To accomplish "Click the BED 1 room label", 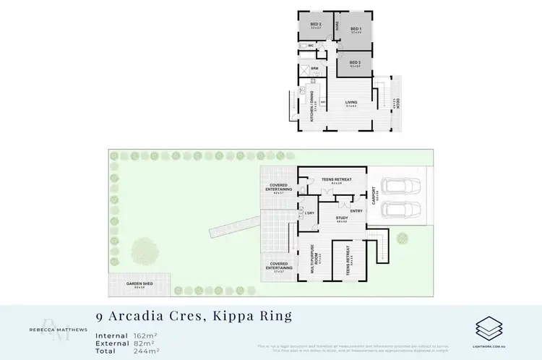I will click(x=356, y=30).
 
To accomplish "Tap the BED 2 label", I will click(x=316, y=25).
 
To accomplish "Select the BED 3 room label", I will click(x=354, y=63).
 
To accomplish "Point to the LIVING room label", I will click(x=351, y=103).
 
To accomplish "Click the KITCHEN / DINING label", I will click(x=312, y=107).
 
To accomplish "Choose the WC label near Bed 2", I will click(x=311, y=46).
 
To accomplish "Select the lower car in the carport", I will click(x=399, y=210).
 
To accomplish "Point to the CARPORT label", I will click(x=374, y=197).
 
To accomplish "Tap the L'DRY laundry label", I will click(x=309, y=213).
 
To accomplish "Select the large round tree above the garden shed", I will click(x=145, y=249).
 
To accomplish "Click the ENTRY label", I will click(x=356, y=210).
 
